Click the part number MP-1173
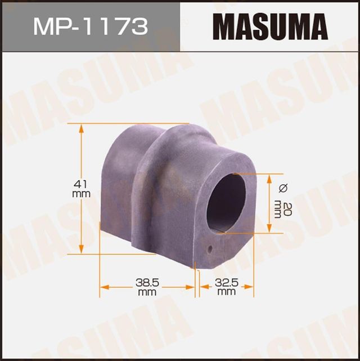click(x=90, y=26)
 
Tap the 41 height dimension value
click(x=82, y=183)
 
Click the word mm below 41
click(x=82, y=194)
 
